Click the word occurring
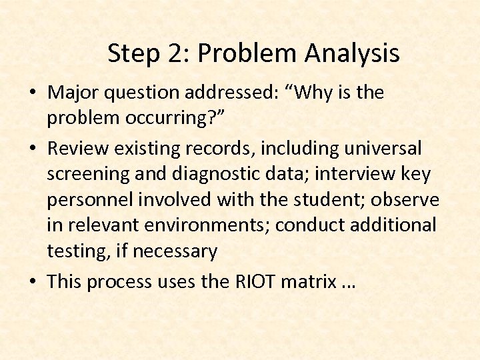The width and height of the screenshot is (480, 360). (x=163, y=119)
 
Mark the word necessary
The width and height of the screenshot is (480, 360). (x=175, y=252)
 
